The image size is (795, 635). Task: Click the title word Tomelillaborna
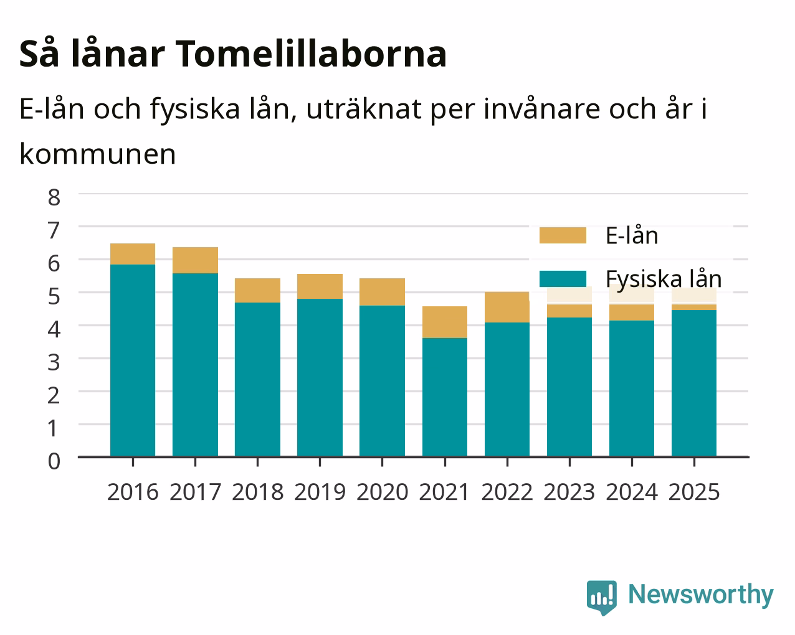point(311,54)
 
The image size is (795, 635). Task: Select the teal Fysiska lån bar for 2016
point(133,360)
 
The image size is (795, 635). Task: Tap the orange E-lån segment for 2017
point(195,260)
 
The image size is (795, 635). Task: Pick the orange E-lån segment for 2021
point(445,322)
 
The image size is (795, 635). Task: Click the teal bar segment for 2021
point(445,397)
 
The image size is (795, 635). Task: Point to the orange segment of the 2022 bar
point(507,307)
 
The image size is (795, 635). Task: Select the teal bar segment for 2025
point(694,383)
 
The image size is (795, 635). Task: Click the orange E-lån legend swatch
point(563,235)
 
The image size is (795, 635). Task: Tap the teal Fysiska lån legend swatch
point(563,279)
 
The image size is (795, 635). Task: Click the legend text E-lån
point(632,235)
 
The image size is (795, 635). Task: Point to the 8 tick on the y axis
point(54,197)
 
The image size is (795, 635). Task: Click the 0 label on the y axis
point(54,461)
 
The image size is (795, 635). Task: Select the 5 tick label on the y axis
point(54,296)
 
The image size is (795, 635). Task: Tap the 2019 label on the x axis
point(320,492)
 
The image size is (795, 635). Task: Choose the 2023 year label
point(569,492)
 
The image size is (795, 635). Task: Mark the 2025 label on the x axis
point(694,492)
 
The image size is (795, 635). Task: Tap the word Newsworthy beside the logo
point(701,595)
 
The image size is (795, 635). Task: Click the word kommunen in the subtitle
point(98,154)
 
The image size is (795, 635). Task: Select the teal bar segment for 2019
point(320,378)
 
